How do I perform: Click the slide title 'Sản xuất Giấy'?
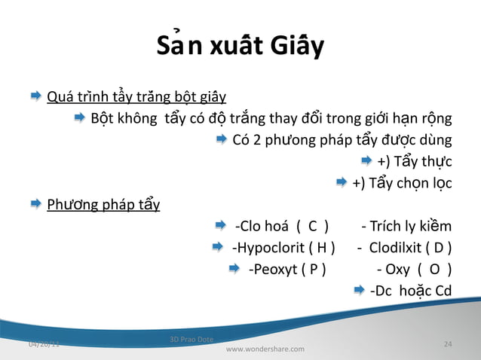240,47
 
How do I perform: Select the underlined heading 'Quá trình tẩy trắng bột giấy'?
136,97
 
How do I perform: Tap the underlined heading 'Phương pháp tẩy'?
103,204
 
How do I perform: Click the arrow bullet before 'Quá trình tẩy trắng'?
35,97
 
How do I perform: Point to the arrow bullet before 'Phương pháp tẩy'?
35,204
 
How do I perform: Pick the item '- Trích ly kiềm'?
406,226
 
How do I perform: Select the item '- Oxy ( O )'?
414,269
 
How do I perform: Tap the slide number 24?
448,344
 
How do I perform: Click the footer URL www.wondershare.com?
265,349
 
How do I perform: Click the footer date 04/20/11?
44,344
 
